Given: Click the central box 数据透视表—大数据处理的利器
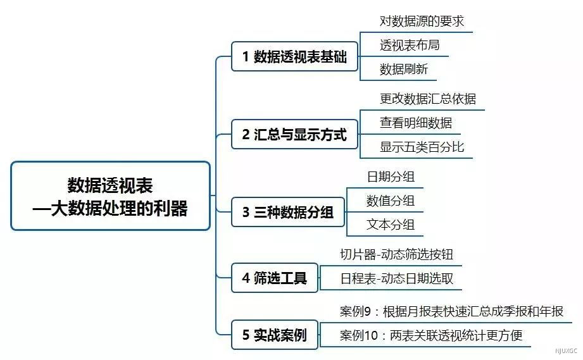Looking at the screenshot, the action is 110,196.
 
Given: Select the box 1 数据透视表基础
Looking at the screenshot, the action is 294,56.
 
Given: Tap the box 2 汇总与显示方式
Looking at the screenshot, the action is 294,134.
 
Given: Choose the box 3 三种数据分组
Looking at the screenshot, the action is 288,212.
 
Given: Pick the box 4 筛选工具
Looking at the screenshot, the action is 275,278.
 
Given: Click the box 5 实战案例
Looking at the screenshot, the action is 275,335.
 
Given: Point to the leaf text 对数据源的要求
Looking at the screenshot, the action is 422,21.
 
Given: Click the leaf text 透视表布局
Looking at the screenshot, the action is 410,45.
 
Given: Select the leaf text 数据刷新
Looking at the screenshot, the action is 403,69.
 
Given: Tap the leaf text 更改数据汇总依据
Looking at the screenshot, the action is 427,99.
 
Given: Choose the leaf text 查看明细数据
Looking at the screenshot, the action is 416,123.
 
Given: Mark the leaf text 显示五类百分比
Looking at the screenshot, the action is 422,147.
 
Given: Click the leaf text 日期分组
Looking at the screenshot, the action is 391,177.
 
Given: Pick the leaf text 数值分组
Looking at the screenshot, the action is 391,201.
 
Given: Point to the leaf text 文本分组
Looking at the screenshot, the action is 391,225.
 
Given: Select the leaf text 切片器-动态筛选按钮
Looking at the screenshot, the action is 396,254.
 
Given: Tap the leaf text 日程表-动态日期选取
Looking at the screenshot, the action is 396,278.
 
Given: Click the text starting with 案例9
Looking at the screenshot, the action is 451,311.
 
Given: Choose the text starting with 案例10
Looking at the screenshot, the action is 431,335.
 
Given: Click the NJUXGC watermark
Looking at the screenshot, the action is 566,351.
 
